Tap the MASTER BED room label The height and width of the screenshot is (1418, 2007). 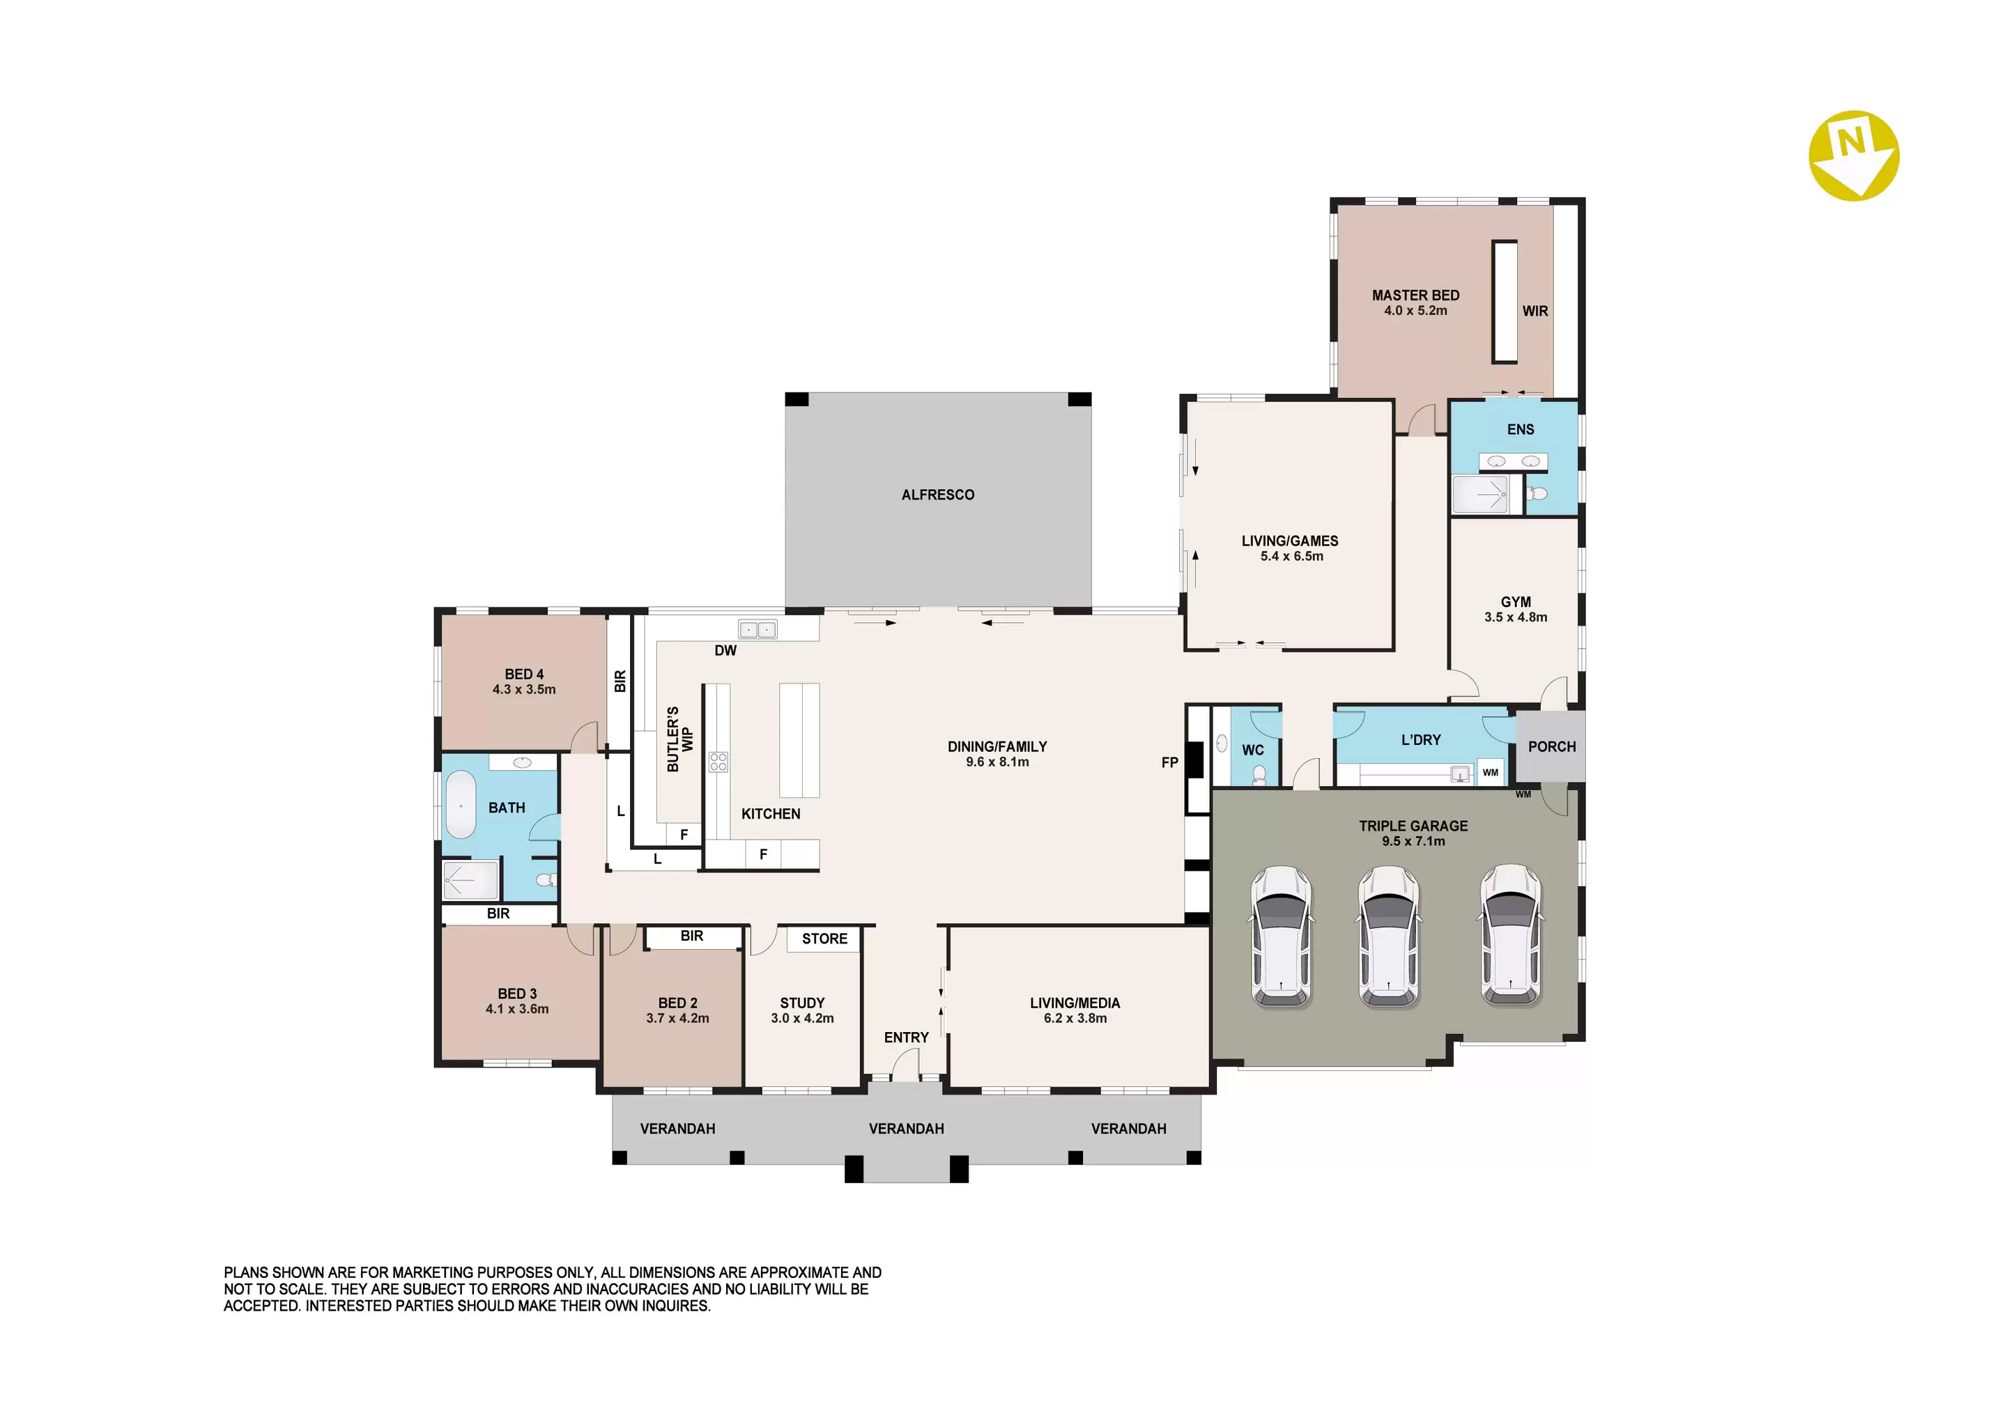[x=1415, y=295]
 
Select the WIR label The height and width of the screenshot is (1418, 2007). [x=1535, y=311]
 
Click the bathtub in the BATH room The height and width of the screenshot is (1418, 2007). [x=461, y=806]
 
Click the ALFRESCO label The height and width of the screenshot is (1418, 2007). [x=938, y=495]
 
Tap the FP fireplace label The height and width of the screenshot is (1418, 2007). [x=1169, y=762]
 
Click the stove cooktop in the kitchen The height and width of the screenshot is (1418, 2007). [x=718, y=762]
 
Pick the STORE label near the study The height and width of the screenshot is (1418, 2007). [x=824, y=939]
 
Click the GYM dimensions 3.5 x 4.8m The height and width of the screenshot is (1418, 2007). [x=1516, y=617]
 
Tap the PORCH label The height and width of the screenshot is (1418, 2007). [x=1551, y=746]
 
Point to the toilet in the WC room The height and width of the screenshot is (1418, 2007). [x=1259, y=776]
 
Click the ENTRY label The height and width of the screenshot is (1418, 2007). [x=906, y=1038]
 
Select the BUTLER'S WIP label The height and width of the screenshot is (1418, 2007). [x=679, y=739]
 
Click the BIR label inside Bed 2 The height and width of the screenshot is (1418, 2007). [x=691, y=937]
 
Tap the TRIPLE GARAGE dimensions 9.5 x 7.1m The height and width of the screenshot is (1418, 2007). [x=1413, y=841]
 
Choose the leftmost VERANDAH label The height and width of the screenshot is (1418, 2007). [x=677, y=1129]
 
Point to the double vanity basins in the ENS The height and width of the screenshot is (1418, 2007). [x=1513, y=461]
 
